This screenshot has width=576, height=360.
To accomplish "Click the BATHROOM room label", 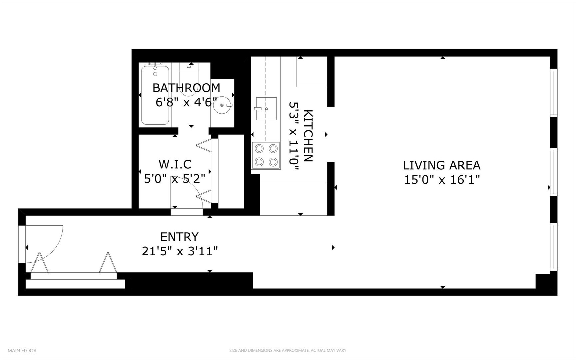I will click(x=186, y=88).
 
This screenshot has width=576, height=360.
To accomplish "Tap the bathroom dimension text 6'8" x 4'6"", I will click(x=186, y=102).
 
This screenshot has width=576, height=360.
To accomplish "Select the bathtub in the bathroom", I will click(x=155, y=95).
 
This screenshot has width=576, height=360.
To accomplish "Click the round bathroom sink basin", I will click(x=222, y=105).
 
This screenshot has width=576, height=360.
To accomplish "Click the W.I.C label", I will click(x=175, y=164).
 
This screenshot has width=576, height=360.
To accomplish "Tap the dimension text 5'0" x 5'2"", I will click(x=175, y=179).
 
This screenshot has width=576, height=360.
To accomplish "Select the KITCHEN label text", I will click(x=308, y=136).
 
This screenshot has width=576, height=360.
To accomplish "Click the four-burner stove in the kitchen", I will click(x=266, y=155).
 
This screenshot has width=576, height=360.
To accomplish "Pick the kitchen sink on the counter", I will click(x=266, y=109).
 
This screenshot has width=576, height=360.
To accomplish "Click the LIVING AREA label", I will click(x=442, y=165).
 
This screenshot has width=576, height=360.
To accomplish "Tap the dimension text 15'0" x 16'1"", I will click(x=442, y=180).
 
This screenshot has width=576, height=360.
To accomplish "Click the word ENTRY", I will click(x=179, y=237).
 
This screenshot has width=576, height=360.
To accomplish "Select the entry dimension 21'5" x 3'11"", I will click(x=180, y=251).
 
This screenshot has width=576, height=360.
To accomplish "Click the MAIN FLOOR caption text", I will click(x=22, y=350).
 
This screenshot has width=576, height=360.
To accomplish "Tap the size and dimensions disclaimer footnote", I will click(x=288, y=350).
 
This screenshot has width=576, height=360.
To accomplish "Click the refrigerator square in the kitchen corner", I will click(x=311, y=72).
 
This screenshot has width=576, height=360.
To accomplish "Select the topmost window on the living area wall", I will click(x=553, y=92).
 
